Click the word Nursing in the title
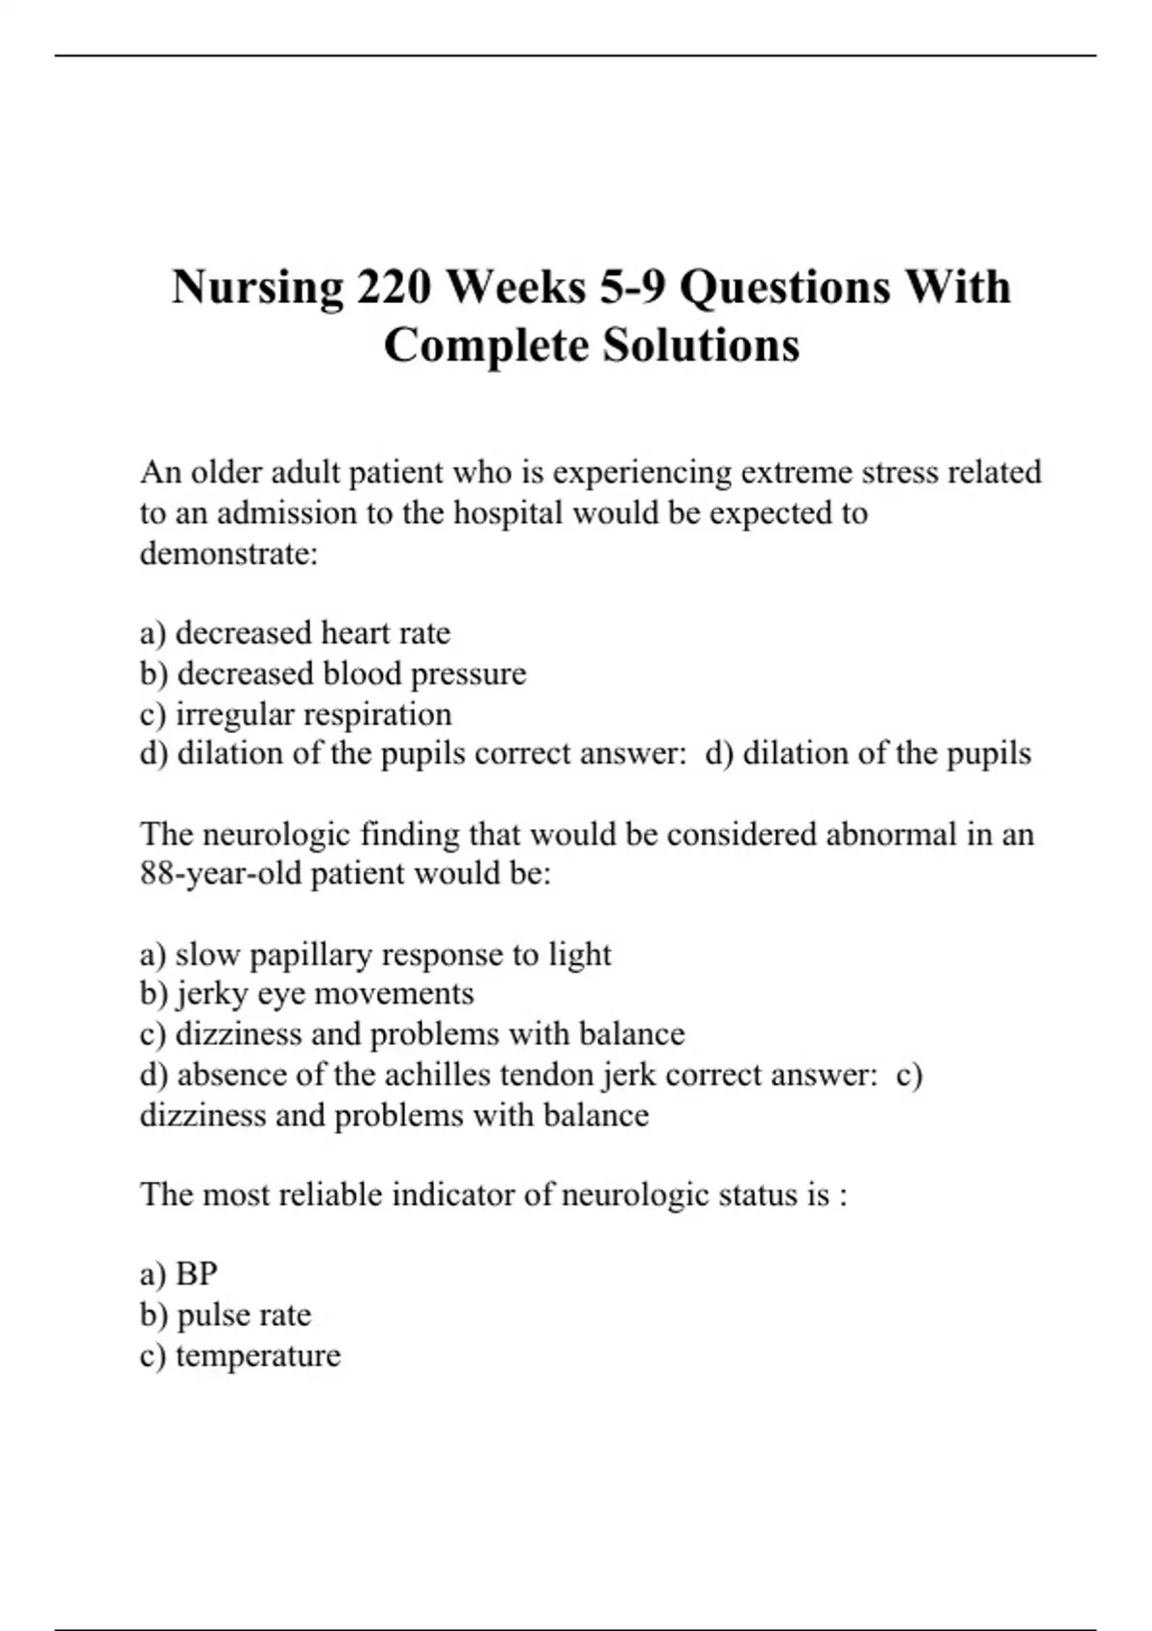click(x=257, y=288)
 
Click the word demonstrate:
click(x=228, y=554)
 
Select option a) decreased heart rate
click(x=295, y=633)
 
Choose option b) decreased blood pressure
click(x=332, y=674)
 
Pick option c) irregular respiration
click(x=296, y=714)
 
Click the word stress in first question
click(x=900, y=472)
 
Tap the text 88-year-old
click(x=221, y=874)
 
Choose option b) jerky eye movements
click(x=306, y=994)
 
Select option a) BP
click(x=179, y=1274)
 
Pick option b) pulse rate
click(x=226, y=1314)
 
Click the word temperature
click(x=257, y=1356)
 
